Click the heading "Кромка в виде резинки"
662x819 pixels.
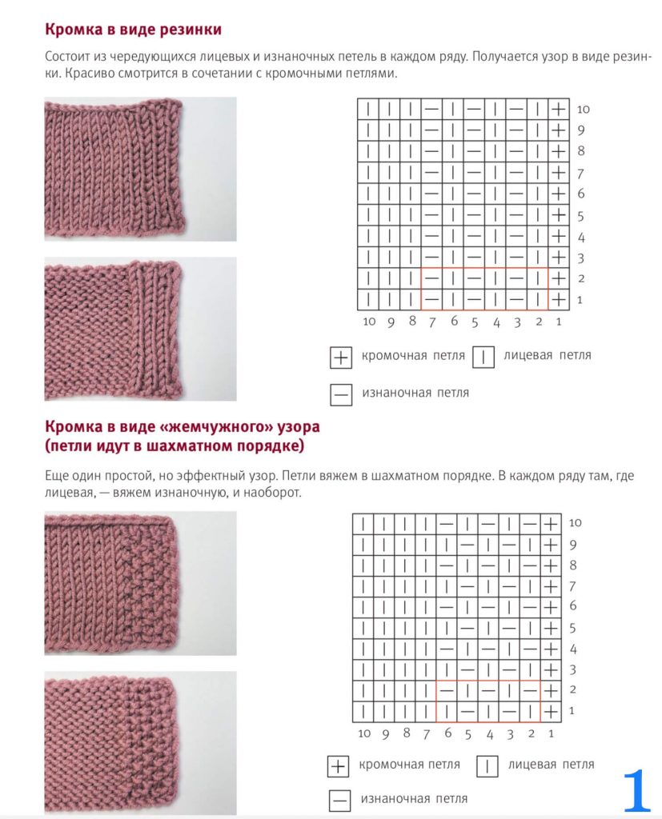pos(133,30)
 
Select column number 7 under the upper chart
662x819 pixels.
pos(431,322)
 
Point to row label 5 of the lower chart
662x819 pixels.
pos(573,628)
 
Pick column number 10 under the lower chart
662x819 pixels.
pos(364,733)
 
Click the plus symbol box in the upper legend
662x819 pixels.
pos(341,358)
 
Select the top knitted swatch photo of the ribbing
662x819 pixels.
pos(140,169)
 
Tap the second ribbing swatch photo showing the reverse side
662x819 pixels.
pos(140,329)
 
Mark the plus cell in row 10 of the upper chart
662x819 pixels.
pos(558,109)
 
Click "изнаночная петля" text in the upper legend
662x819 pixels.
pos(415,393)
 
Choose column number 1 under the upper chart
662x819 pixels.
pos(558,322)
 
